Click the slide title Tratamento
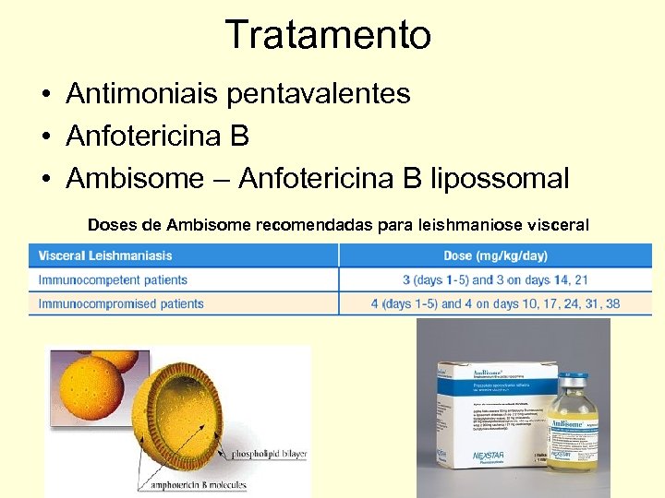pyautogui.click(x=328, y=35)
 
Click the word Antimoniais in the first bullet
pyautogui.click(x=132, y=93)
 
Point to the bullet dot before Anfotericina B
pyautogui.click(x=44, y=137)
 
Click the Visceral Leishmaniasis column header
pyautogui.click(x=105, y=255)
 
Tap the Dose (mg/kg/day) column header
pyautogui.click(x=495, y=255)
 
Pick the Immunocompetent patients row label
pyautogui.click(x=113, y=279)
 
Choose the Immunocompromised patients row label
pyautogui.click(x=121, y=303)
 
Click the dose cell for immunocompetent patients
pyautogui.click(x=495, y=279)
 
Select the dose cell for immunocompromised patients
pyautogui.click(x=495, y=303)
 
